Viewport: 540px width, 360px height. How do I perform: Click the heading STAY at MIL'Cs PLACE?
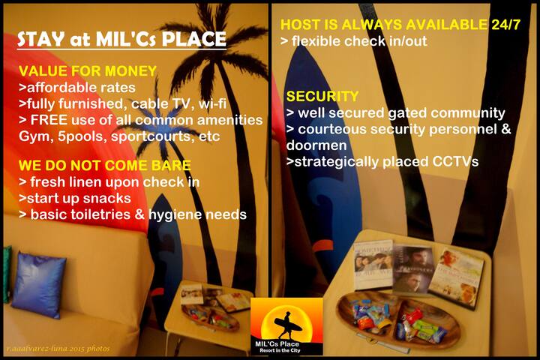(x=121, y=39)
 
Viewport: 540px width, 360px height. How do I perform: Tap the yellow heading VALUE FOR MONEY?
(x=88, y=71)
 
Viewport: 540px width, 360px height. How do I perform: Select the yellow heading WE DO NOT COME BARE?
(x=105, y=165)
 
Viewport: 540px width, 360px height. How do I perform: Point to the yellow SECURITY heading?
(x=322, y=96)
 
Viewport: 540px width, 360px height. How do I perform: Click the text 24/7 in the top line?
(x=506, y=25)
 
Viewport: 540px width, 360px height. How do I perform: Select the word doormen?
(x=316, y=145)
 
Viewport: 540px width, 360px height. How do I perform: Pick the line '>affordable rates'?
(x=77, y=88)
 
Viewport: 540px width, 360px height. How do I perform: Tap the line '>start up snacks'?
(x=75, y=198)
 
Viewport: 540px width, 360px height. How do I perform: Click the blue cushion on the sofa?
(x=38, y=285)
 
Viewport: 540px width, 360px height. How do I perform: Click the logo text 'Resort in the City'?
(x=280, y=350)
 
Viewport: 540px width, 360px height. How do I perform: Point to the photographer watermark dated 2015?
(x=58, y=349)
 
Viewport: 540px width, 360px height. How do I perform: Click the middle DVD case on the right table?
(x=413, y=268)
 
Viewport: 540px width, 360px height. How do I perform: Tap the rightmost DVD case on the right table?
(x=457, y=278)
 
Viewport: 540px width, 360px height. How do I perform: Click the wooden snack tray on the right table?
(x=399, y=319)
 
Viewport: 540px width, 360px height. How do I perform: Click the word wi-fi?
(x=212, y=103)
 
